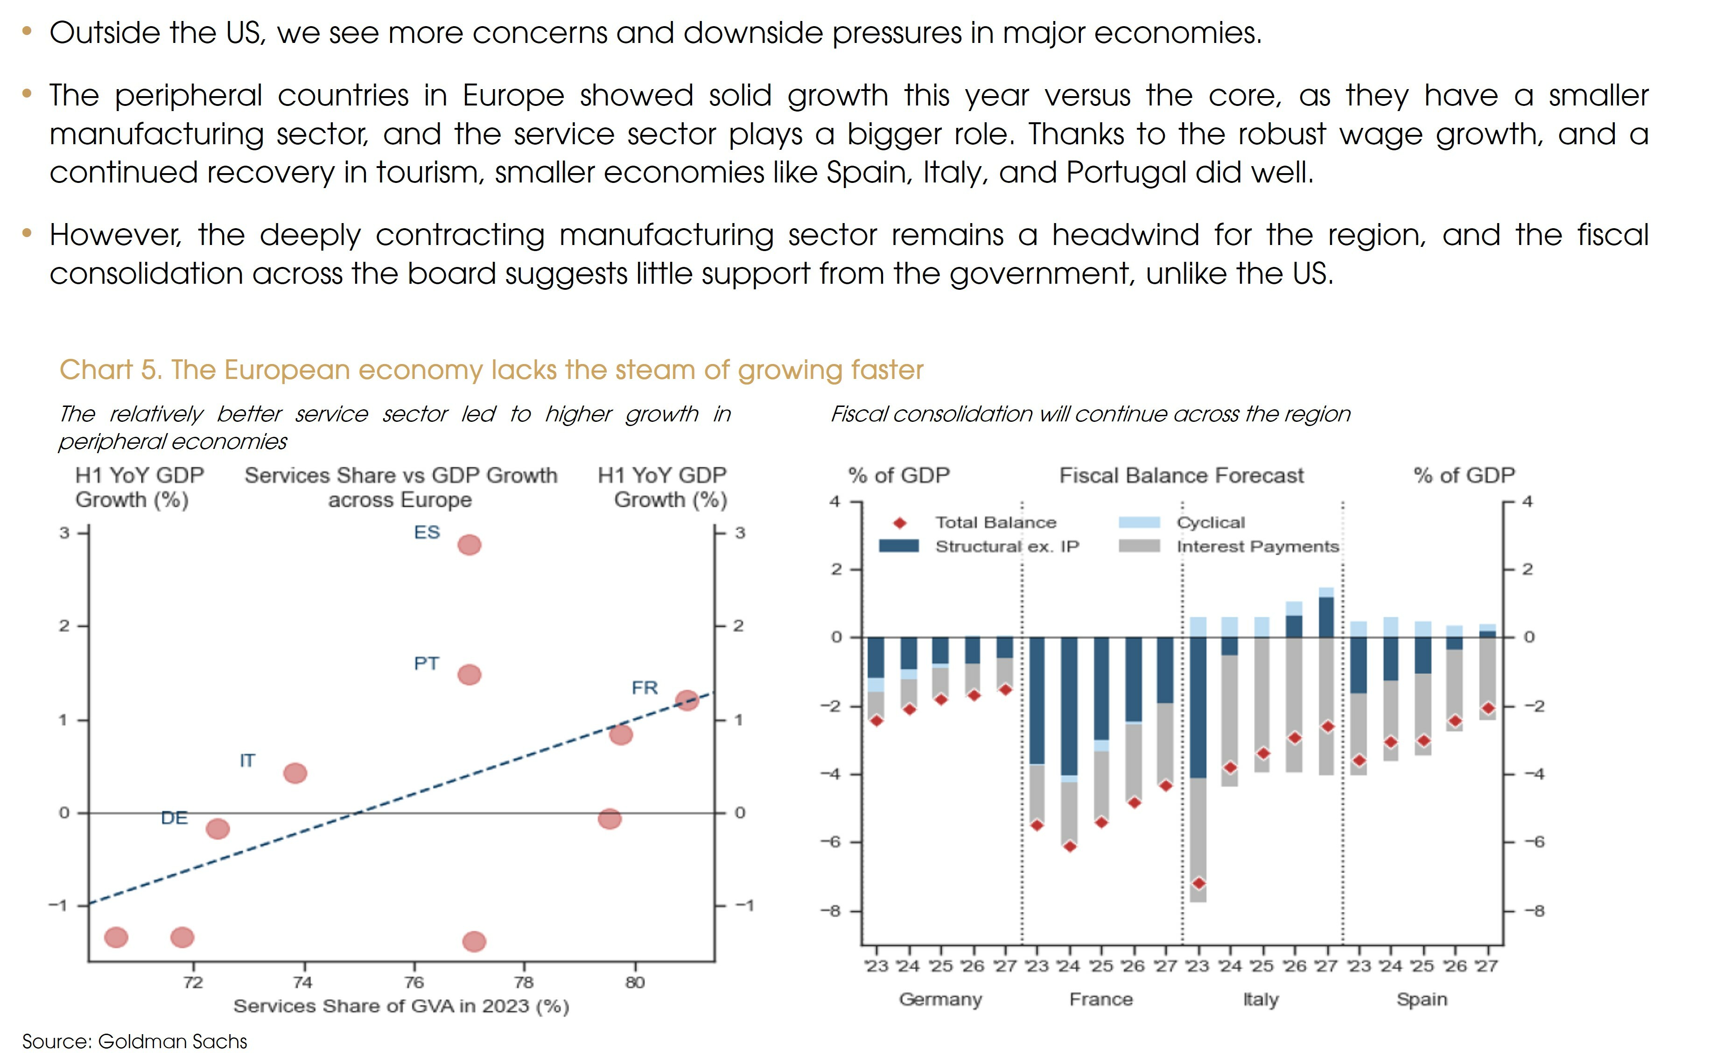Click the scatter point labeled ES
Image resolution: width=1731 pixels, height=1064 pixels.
click(x=470, y=545)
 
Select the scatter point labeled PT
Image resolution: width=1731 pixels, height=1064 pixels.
click(x=470, y=675)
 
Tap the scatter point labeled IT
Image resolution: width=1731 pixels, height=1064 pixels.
click(x=295, y=773)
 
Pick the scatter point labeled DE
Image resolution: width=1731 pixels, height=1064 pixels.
click(x=217, y=829)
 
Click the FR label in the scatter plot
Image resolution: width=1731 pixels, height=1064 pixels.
click(x=645, y=687)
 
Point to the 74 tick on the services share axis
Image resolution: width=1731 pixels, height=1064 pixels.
click(x=302, y=982)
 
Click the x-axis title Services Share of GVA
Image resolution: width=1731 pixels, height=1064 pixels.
click(x=401, y=1006)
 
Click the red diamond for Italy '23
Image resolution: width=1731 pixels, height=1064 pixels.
click(x=1199, y=883)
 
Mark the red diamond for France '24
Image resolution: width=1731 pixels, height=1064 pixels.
click(x=1070, y=847)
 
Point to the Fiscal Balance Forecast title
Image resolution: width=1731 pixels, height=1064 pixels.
click(x=1181, y=476)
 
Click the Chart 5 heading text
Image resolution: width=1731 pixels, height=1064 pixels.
click(x=491, y=370)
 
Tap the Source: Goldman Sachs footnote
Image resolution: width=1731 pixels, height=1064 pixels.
click(x=135, y=1042)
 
